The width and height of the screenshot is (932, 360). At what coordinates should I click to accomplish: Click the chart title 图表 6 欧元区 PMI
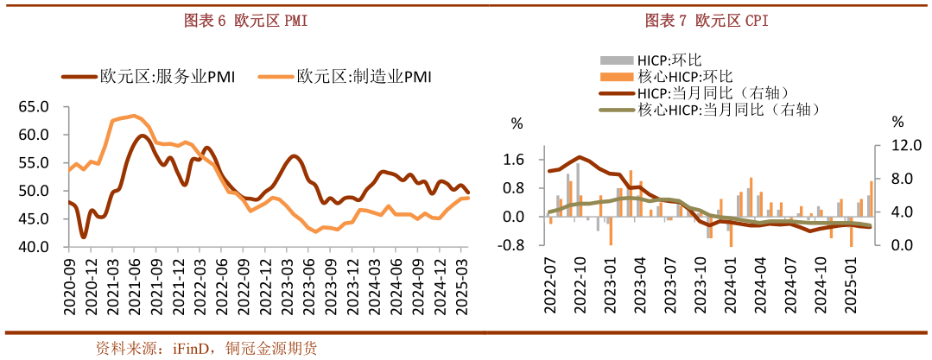coord(246,21)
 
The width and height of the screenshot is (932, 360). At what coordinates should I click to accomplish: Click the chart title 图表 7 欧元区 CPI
coord(707,21)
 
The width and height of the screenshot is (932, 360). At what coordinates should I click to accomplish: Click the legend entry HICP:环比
coord(660,60)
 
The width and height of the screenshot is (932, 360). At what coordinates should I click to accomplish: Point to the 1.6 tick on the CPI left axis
coord(514,159)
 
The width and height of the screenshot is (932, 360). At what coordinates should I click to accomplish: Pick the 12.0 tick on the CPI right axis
coord(898,145)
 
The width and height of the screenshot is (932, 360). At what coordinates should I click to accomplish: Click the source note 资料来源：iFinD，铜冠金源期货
coord(206,349)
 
